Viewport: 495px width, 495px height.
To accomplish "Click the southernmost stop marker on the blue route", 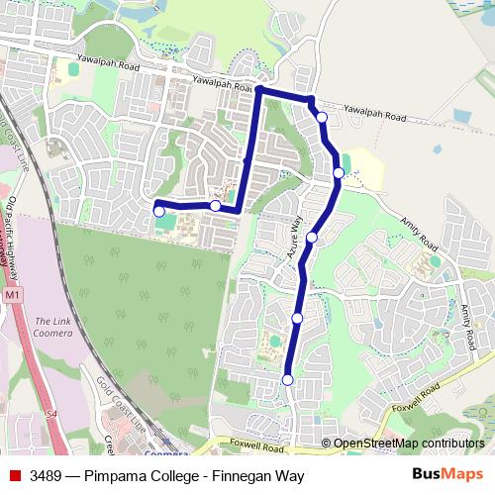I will [288, 379].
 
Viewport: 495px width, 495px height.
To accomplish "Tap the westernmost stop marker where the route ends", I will [159, 211].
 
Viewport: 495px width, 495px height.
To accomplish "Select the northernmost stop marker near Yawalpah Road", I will [322, 118].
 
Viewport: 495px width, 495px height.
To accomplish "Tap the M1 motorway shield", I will [11, 296].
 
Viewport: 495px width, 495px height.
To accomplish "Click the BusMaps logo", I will [447, 473].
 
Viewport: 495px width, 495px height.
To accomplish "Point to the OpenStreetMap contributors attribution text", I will [408, 443].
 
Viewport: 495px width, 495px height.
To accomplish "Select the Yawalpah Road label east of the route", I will [375, 114].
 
